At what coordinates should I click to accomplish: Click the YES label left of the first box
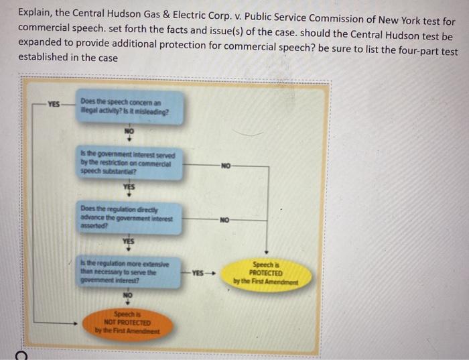click(x=54, y=105)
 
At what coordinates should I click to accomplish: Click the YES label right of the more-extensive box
click(x=199, y=273)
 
